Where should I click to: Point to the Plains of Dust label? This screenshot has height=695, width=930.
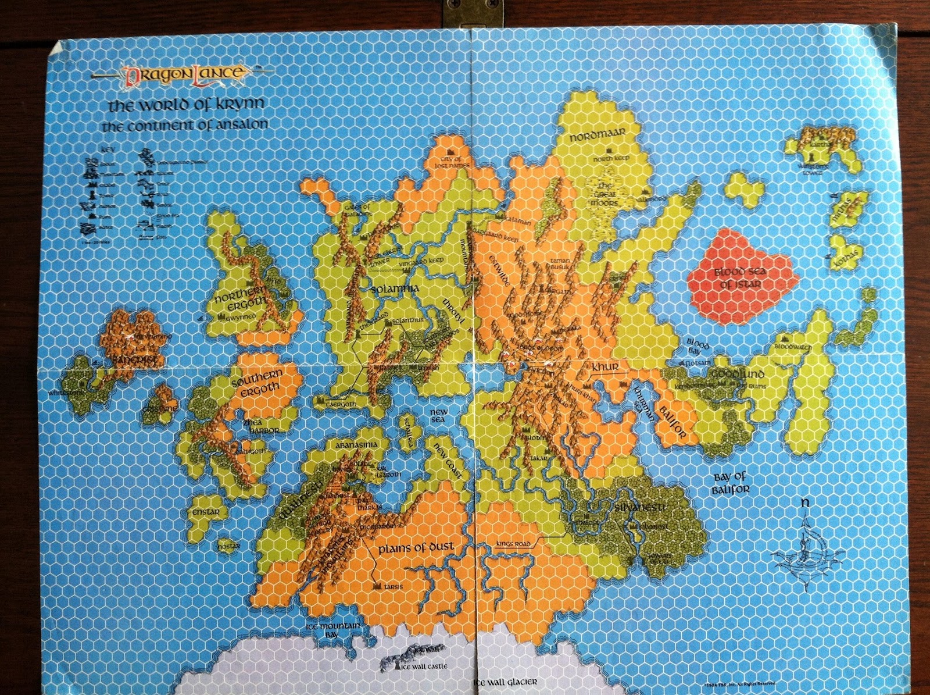tap(415, 548)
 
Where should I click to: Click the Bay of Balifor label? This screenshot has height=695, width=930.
tap(731, 483)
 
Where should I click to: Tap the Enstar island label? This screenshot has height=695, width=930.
tap(205, 512)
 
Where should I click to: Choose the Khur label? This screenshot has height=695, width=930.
tap(604, 368)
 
